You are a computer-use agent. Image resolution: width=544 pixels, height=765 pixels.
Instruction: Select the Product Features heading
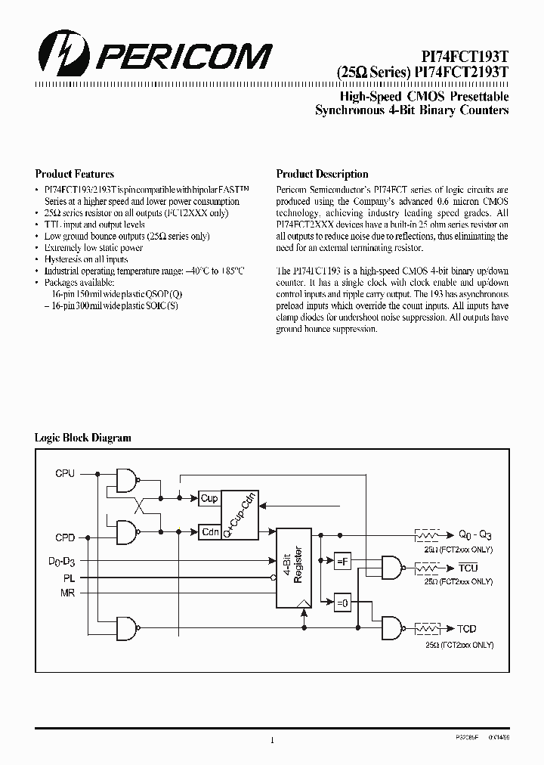pos(75,174)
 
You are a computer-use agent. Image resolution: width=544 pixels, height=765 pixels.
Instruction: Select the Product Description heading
pos(322,174)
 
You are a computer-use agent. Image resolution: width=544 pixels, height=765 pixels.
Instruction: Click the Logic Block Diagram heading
pos(83,438)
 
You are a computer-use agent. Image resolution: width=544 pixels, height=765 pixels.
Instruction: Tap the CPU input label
pos(65,473)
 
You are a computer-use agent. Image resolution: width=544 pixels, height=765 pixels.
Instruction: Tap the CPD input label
pos(65,538)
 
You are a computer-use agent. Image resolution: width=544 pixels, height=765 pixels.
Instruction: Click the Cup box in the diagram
pos(209,498)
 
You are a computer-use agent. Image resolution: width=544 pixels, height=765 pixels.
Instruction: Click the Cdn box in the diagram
pos(209,531)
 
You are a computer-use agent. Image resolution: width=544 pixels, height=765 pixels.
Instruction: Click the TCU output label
pos(468,567)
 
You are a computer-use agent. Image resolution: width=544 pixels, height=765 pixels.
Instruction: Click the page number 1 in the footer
pos(271,740)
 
